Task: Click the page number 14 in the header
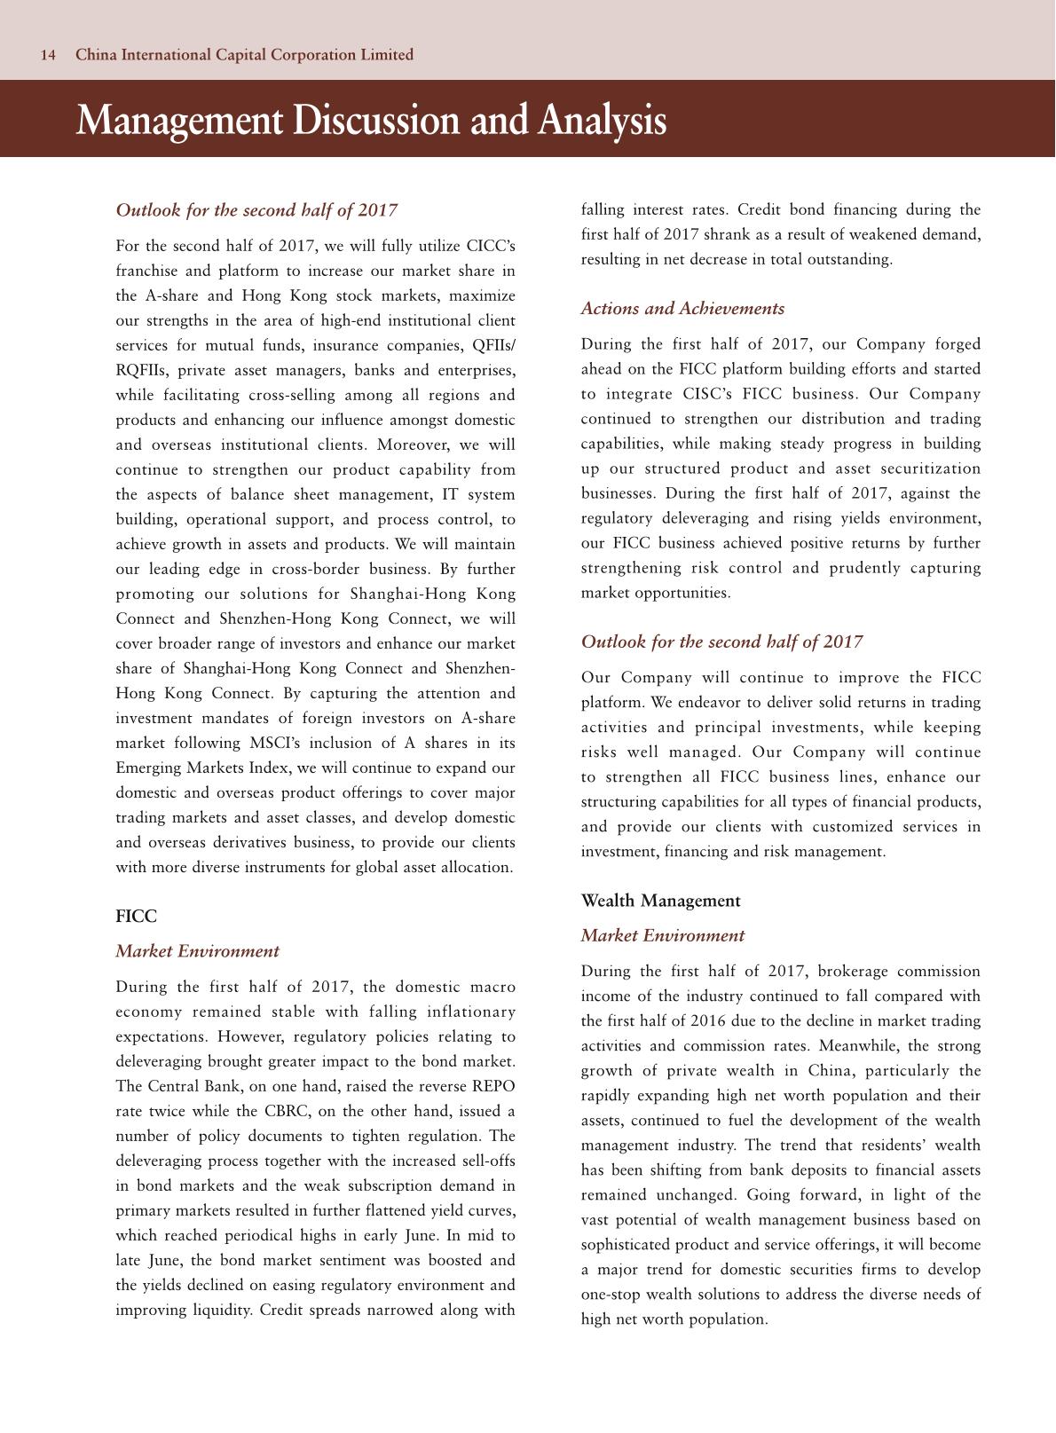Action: (x=48, y=55)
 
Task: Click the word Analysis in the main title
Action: (x=600, y=122)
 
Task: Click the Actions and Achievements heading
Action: (x=682, y=309)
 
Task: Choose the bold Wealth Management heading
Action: (x=660, y=901)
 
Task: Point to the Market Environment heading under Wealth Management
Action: (x=662, y=936)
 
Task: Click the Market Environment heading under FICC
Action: (x=197, y=951)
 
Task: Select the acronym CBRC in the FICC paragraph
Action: (x=286, y=1112)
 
